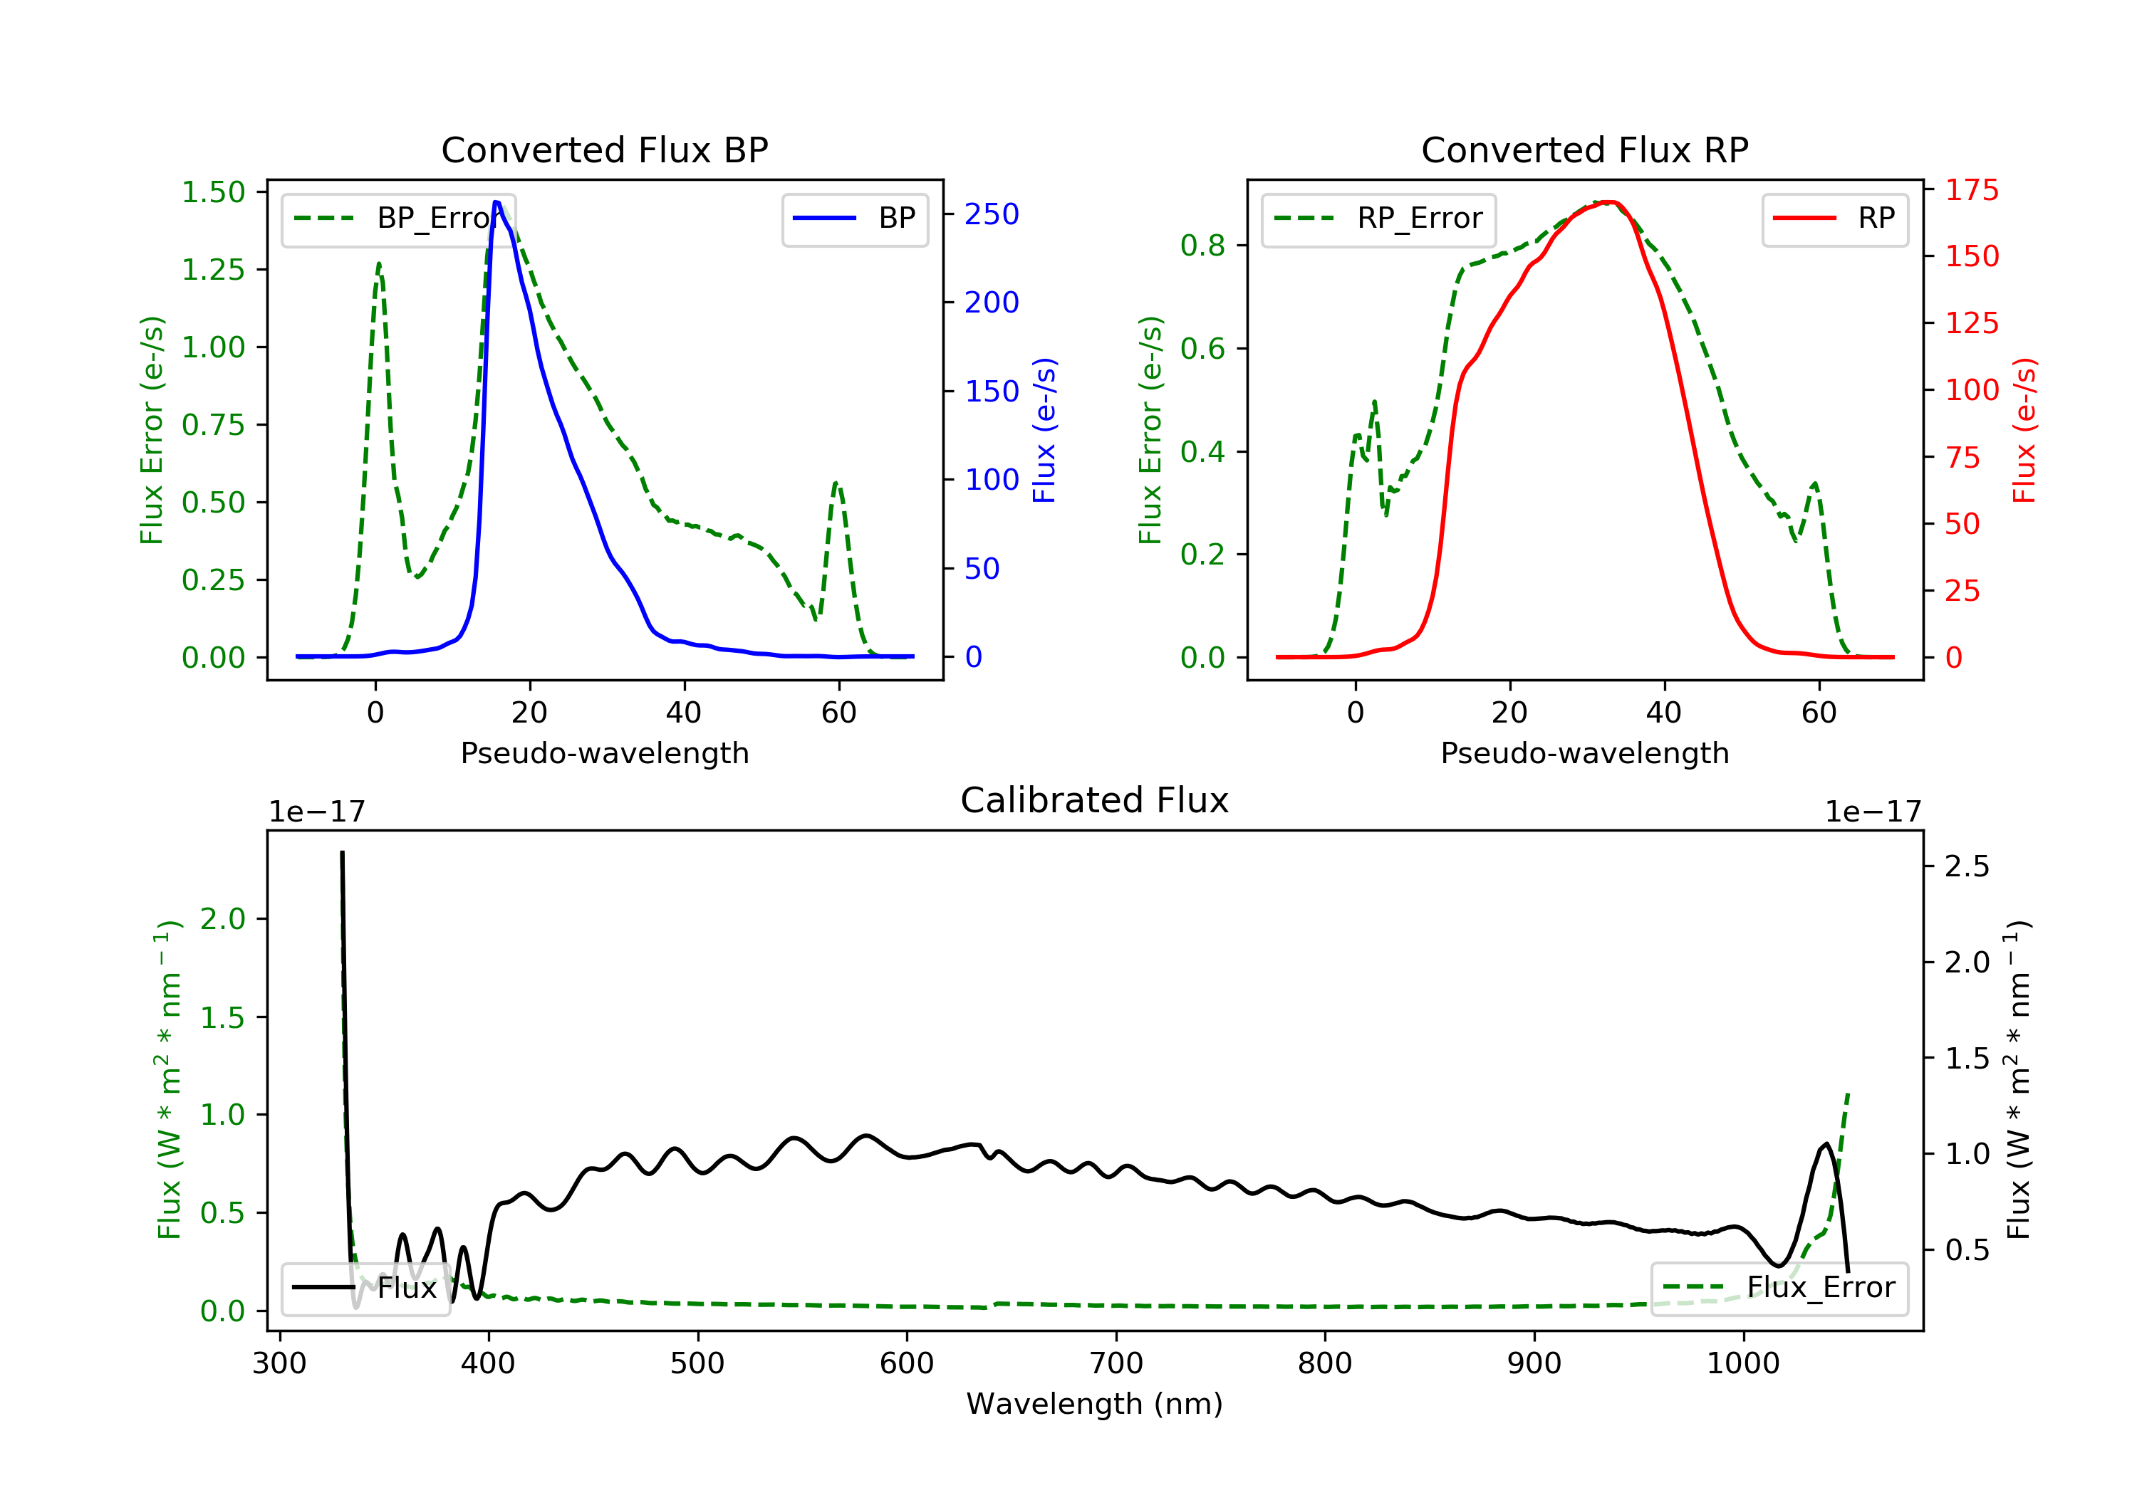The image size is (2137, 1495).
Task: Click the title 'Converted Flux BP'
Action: click(604, 149)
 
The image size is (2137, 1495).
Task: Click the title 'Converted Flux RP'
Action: click(1584, 149)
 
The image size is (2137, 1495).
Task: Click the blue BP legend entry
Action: click(854, 219)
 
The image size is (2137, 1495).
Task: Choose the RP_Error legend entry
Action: click(1378, 219)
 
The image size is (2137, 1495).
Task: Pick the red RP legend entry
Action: click(1834, 219)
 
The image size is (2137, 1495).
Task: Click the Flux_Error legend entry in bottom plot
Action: click(1779, 1288)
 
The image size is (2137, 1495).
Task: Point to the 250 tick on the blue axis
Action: click(992, 215)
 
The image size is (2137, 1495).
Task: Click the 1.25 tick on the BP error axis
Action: click(213, 270)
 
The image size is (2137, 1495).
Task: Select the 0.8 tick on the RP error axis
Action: click(1202, 246)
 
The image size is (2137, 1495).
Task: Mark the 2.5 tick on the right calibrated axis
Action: click(1967, 867)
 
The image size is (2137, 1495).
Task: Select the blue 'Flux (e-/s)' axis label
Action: click(1044, 430)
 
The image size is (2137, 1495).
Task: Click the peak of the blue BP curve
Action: click(497, 203)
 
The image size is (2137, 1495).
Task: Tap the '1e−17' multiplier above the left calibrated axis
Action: click(316, 812)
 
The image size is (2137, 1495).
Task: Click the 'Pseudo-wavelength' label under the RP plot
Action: click(1584, 752)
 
